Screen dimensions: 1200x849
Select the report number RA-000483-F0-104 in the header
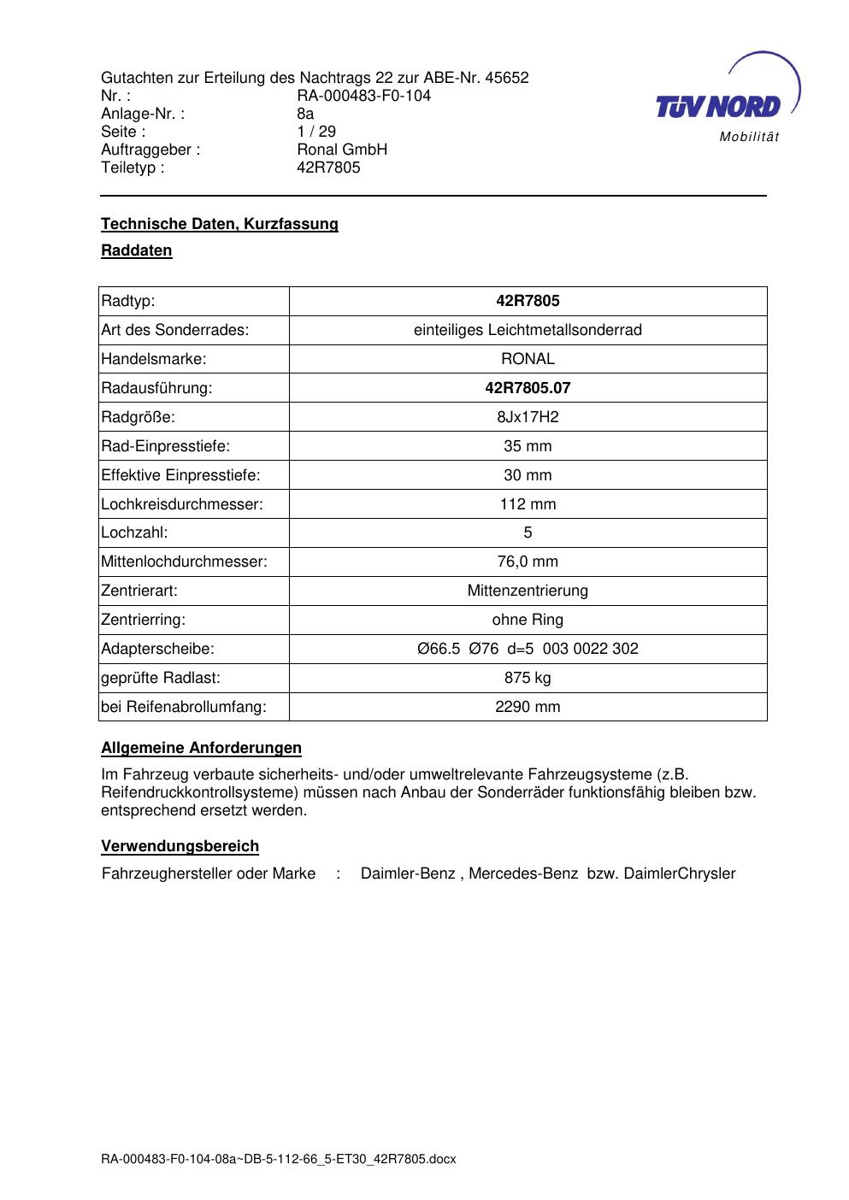(x=363, y=96)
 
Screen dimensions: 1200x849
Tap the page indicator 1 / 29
(x=316, y=132)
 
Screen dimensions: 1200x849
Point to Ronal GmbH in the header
(x=342, y=150)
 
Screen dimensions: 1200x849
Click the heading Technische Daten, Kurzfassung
(x=220, y=224)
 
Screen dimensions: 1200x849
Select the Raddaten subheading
(x=137, y=250)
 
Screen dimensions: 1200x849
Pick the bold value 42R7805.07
(x=528, y=388)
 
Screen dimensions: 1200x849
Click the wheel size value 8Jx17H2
(x=528, y=417)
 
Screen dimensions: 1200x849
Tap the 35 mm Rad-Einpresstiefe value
(x=528, y=446)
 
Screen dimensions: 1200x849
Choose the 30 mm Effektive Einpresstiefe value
(x=528, y=475)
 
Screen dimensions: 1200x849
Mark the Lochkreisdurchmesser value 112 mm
(x=528, y=504)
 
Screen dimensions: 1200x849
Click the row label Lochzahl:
(x=134, y=532)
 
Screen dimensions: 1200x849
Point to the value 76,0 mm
(x=528, y=562)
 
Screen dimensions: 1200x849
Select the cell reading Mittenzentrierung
(x=528, y=591)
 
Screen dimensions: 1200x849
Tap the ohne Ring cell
(x=528, y=620)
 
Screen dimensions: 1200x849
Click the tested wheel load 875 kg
(x=528, y=678)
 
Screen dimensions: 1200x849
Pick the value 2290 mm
(x=528, y=707)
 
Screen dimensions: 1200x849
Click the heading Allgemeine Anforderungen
(x=201, y=748)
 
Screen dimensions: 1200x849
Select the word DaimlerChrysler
(x=680, y=874)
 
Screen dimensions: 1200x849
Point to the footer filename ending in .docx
(x=279, y=1159)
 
